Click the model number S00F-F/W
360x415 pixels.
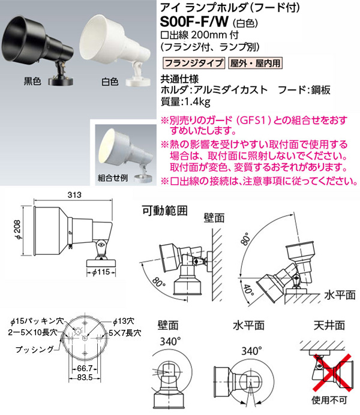pos(194,22)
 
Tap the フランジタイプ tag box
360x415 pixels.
pos(194,63)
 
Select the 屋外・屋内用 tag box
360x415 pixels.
pos(255,63)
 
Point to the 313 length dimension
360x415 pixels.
pos(74,195)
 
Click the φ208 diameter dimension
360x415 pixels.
pos(18,230)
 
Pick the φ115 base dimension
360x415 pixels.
pos(101,272)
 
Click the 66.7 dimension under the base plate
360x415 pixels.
pos(85,369)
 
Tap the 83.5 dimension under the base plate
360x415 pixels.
pos(85,378)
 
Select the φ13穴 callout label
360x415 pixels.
pos(124,322)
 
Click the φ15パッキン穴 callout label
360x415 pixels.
pos(37,321)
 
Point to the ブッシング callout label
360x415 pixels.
pos(35,350)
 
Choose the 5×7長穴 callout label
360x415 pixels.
pos(125,333)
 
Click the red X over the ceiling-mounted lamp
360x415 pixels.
pos(333,373)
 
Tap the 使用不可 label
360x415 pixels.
pos(329,400)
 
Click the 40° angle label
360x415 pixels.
pos(248,290)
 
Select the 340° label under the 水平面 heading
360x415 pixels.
pos(251,351)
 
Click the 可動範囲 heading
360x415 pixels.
pos(165,211)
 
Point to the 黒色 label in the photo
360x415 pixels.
pos(32,81)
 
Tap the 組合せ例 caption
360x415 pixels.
pos(113,178)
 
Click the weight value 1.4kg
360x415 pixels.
pos(196,101)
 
